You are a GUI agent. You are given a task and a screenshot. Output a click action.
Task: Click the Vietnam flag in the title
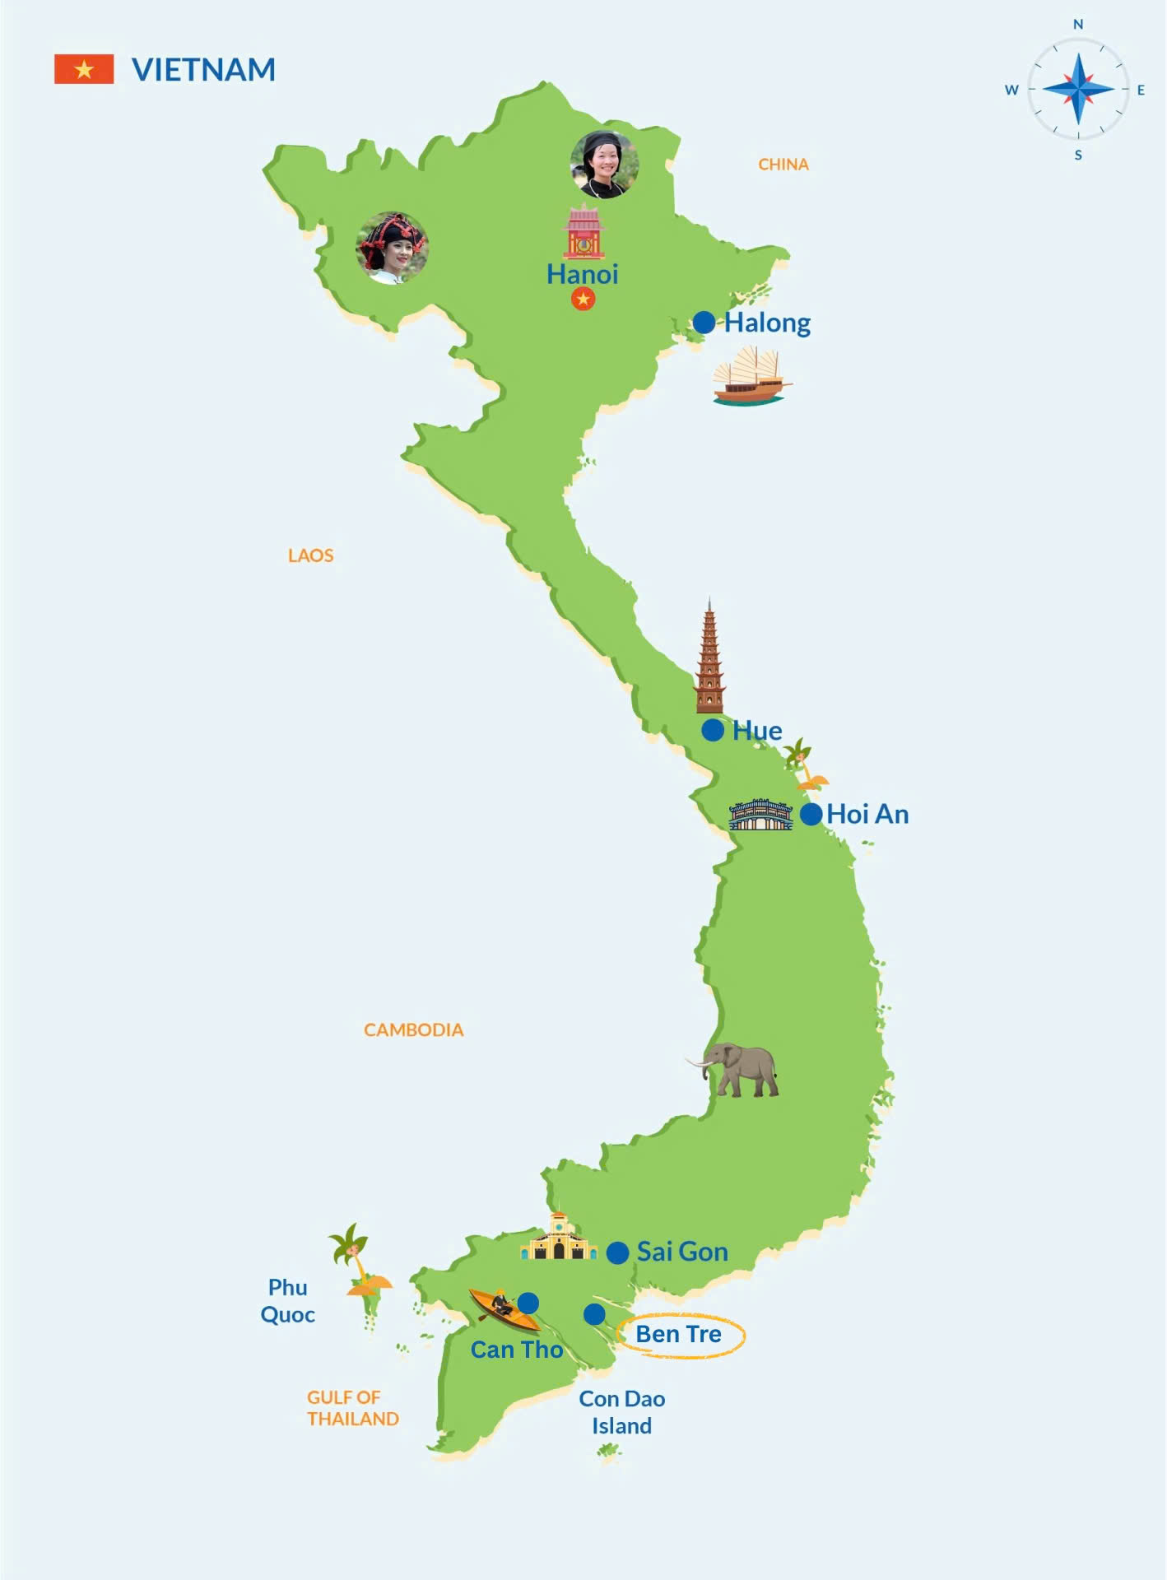click(x=84, y=70)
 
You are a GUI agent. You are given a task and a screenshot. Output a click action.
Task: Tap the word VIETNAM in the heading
click(x=203, y=70)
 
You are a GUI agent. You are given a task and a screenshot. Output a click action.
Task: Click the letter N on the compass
click(x=1078, y=25)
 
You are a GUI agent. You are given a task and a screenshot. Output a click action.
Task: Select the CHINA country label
click(x=783, y=165)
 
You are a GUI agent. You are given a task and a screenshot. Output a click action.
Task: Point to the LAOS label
click(x=310, y=555)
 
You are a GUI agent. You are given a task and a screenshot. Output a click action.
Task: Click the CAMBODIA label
click(x=413, y=1030)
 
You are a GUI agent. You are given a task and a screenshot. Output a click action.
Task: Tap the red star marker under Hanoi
click(x=583, y=300)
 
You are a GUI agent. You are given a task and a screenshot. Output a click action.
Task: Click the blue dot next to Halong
click(x=704, y=323)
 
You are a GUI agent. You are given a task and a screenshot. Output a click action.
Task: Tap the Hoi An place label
click(x=867, y=815)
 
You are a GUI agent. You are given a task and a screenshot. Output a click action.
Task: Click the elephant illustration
click(x=739, y=1069)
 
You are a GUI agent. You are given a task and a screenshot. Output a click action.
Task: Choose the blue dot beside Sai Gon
click(x=617, y=1252)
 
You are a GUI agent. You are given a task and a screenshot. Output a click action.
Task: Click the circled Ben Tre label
click(x=678, y=1334)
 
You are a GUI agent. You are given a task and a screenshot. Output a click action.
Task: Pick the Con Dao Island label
click(x=621, y=1412)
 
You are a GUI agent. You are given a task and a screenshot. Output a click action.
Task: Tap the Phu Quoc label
click(x=287, y=1301)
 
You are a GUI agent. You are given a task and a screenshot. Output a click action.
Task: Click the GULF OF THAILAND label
click(x=352, y=1408)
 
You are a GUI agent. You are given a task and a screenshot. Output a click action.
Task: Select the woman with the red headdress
click(x=392, y=248)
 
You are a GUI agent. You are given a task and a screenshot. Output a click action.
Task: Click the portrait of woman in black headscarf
click(x=604, y=164)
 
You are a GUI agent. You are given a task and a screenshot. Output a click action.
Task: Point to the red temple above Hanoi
click(x=583, y=233)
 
